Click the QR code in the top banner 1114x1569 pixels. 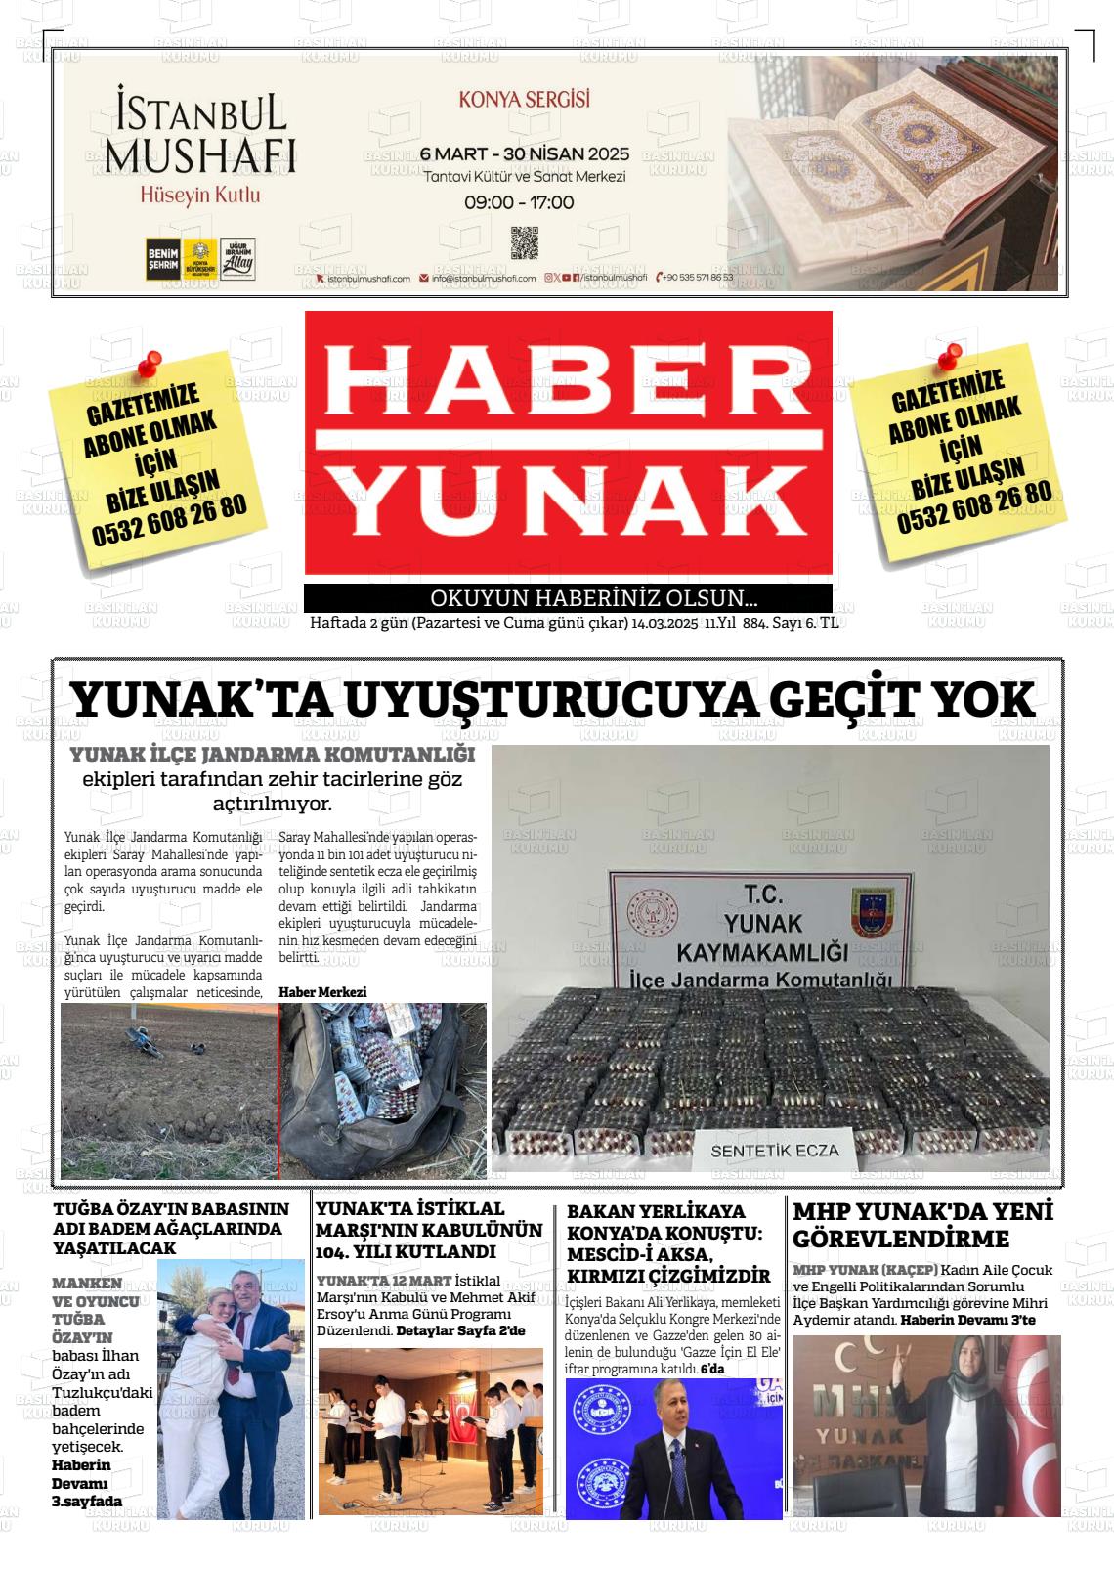pos(525,243)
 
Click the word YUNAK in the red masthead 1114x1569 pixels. pos(568,498)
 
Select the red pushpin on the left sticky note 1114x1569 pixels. pos(149,365)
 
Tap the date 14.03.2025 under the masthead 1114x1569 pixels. pos(664,624)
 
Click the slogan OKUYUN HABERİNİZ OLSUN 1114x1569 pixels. pos(593,598)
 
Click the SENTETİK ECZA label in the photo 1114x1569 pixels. pos(774,1151)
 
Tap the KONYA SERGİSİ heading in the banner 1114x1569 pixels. pos(524,99)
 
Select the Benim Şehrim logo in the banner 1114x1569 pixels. pos(162,259)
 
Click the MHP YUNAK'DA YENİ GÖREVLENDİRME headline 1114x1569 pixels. pos(921,1225)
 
